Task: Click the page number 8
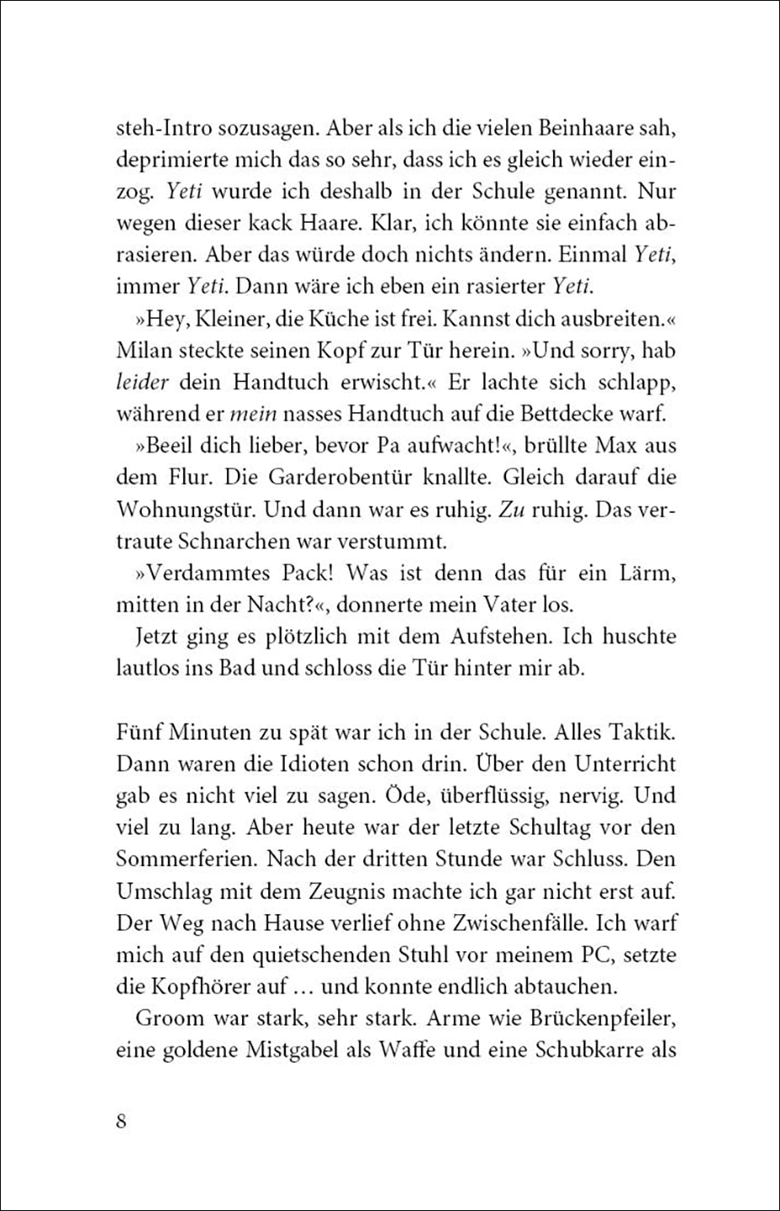[122, 1123]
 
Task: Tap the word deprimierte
[165, 160]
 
